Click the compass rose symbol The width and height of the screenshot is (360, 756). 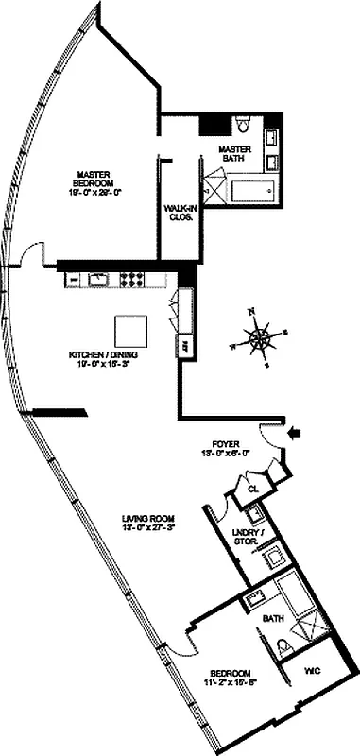259,335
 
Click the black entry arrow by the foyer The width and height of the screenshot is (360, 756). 298,434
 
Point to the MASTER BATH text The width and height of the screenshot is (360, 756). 233,157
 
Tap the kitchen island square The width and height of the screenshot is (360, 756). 131,331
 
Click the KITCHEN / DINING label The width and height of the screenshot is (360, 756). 99,360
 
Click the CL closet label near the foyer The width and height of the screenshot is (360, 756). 252,489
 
